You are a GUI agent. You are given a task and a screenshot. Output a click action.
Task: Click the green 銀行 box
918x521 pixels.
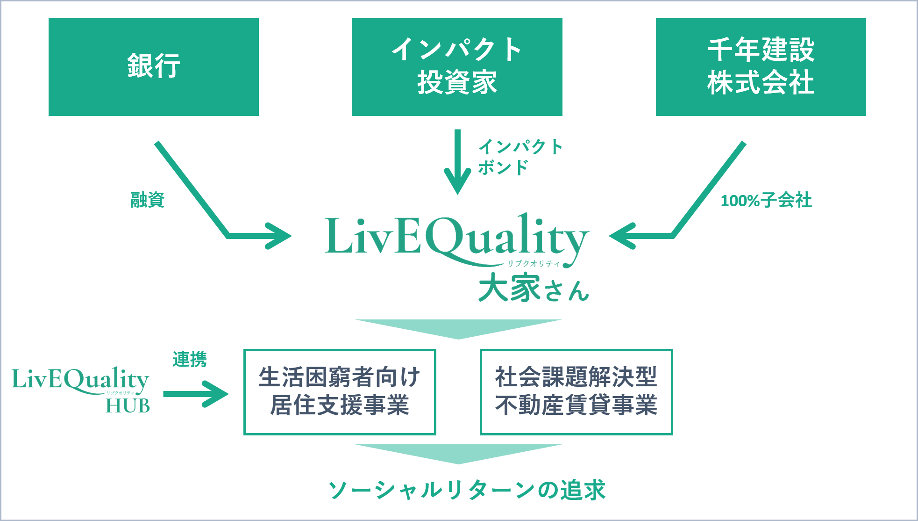pyautogui.click(x=153, y=67)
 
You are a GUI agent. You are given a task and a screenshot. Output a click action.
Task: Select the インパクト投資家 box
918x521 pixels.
pyautogui.click(x=457, y=67)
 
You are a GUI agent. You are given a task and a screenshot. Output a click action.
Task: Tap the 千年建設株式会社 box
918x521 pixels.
pyautogui.click(x=761, y=67)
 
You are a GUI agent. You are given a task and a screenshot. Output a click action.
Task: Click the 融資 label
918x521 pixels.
pyautogui.click(x=148, y=200)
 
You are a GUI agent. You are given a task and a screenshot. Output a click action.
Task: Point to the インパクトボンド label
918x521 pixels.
pyautogui.click(x=519, y=157)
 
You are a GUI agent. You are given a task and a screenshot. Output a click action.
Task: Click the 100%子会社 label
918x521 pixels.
pyautogui.click(x=766, y=200)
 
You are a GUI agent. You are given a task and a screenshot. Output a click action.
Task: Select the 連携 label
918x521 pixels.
pyautogui.click(x=189, y=359)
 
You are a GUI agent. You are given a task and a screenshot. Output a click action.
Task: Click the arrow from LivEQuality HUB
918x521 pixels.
pyautogui.click(x=196, y=394)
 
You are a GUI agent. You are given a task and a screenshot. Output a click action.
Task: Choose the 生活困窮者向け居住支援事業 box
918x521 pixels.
pyautogui.click(x=340, y=391)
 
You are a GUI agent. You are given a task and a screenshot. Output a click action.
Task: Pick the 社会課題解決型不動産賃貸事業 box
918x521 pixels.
pyautogui.click(x=576, y=391)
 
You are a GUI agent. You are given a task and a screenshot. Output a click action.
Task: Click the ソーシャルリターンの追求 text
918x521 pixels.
pyautogui.click(x=466, y=490)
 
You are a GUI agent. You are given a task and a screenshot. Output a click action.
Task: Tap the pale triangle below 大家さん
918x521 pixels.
pyautogui.click(x=458, y=327)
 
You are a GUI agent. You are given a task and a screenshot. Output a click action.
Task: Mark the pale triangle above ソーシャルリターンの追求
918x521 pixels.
pyautogui.click(x=458, y=452)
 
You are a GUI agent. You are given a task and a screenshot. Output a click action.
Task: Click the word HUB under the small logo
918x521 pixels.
pyautogui.click(x=128, y=405)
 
